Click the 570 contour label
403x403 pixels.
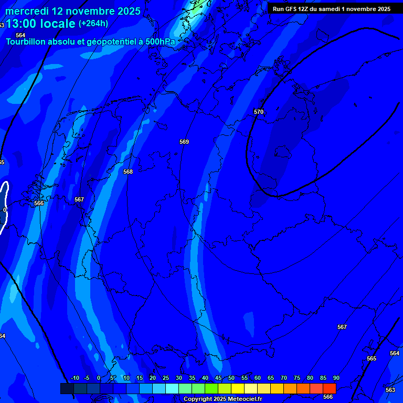pyautogui.click(x=259, y=112)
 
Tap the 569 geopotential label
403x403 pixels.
pyautogui.click(x=184, y=142)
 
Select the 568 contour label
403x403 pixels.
pyautogui.click(x=128, y=172)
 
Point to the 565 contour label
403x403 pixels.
pyautogui.click(x=372, y=358)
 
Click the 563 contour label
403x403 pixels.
pyautogui.click(x=390, y=390)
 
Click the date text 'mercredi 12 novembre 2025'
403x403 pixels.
pyautogui.click(x=73, y=11)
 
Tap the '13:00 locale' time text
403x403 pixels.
pyautogui.click(x=41, y=24)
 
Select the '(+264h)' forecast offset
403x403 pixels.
pyautogui.click(x=93, y=24)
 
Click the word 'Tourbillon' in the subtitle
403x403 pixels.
pyautogui.click(x=26, y=41)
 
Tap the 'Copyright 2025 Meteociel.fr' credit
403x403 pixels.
pyautogui.click(x=222, y=399)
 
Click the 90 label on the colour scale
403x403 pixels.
pyautogui.click(x=336, y=378)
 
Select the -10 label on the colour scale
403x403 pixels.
pyautogui.click(x=75, y=378)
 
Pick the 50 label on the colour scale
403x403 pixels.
pyautogui.click(x=231, y=378)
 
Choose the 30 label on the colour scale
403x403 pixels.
pyautogui.click(x=179, y=378)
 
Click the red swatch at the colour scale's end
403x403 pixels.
pyautogui.click(x=330, y=388)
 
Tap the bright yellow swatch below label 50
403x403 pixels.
pyautogui.click(x=238, y=388)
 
